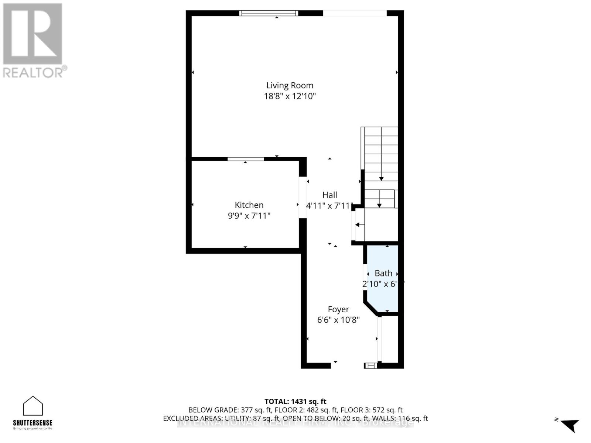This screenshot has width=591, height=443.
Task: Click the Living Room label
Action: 290,85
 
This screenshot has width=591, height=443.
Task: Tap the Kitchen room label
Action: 249,205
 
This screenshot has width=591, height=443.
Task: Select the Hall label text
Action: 329,195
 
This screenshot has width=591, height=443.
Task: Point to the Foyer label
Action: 338,309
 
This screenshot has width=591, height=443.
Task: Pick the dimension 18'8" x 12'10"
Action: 290,96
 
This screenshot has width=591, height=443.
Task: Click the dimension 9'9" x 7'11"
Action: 249,216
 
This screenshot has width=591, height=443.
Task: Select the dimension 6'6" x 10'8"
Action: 338,320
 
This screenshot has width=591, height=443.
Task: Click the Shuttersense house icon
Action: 33,406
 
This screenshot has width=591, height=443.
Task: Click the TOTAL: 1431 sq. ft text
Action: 295,401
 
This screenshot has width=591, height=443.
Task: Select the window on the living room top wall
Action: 269,13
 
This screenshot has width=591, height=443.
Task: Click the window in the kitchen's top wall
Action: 246,159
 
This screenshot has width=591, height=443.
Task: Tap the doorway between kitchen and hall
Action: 303,198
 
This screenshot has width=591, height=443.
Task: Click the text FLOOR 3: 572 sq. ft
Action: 371,410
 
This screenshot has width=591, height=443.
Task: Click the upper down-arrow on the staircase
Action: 381,179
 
